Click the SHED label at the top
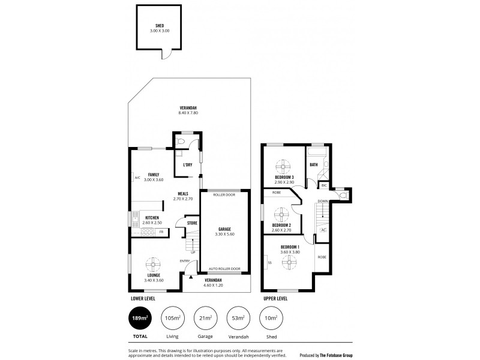point(160,26)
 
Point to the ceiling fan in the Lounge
point(154,262)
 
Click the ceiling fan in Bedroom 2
point(281,213)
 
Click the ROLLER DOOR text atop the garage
point(224,194)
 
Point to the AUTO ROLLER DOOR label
point(224,268)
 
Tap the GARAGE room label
point(224,229)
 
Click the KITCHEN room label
point(151,217)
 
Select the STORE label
point(192,223)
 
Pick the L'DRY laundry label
point(187,164)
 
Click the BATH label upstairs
point(314,164)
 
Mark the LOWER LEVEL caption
point(144,298)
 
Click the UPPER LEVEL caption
point(275,298)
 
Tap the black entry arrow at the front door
point(190,277)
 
